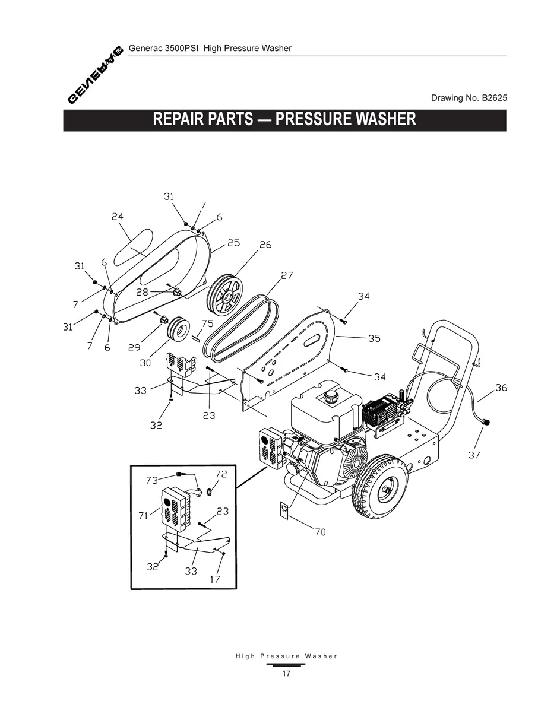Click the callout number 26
(265, 245)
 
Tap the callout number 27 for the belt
(287, 275)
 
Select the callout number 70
(320, 532)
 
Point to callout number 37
(474, 455)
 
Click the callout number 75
(207, 323)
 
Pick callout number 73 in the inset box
(153, 480)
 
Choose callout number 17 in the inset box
(214, 579)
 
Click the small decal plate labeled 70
(284, 510)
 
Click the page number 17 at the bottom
(286, 674)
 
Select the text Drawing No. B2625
(469, 98)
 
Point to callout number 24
(118, 217)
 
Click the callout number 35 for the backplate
(374, 338)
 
